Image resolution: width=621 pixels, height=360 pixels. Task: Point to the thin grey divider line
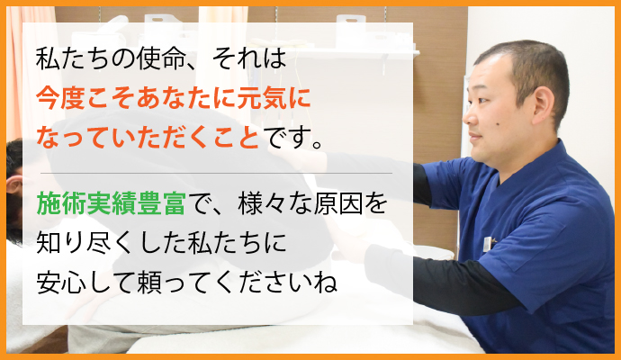click(216, 172)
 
